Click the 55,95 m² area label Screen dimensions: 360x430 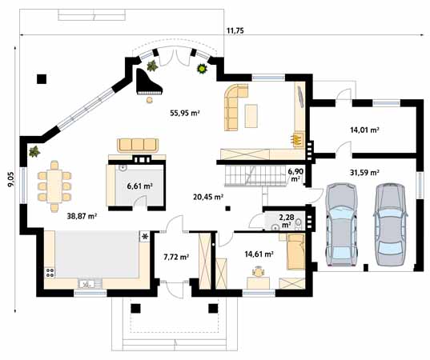coord(184,114)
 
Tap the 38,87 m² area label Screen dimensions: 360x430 coord(81,216)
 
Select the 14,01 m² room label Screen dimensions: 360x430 coord(364,129)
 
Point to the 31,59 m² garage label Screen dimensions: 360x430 coord(364,171)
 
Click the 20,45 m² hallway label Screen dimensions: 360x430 coord(207,196)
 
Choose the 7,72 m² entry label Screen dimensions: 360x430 coord(176,257)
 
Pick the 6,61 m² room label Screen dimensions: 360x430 coord(139,186)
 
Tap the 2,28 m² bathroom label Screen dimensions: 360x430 coord(286,219)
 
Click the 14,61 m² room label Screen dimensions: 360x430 coord(258,254)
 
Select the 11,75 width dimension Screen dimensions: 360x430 coord(235,30)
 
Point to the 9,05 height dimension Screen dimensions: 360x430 coord(10,179)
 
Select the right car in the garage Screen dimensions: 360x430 coord(392,227)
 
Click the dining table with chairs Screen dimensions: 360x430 coord(54,186)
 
